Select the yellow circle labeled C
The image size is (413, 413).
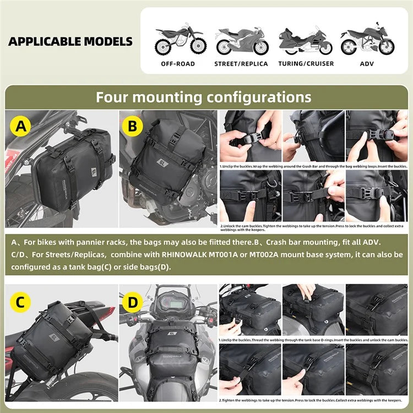(20, 302)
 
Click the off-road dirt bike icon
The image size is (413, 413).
(177, 39)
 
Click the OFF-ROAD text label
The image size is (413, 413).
(177, 64)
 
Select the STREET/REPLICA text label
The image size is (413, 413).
(241, 64)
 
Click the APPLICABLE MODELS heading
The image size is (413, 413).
(70, 41)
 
